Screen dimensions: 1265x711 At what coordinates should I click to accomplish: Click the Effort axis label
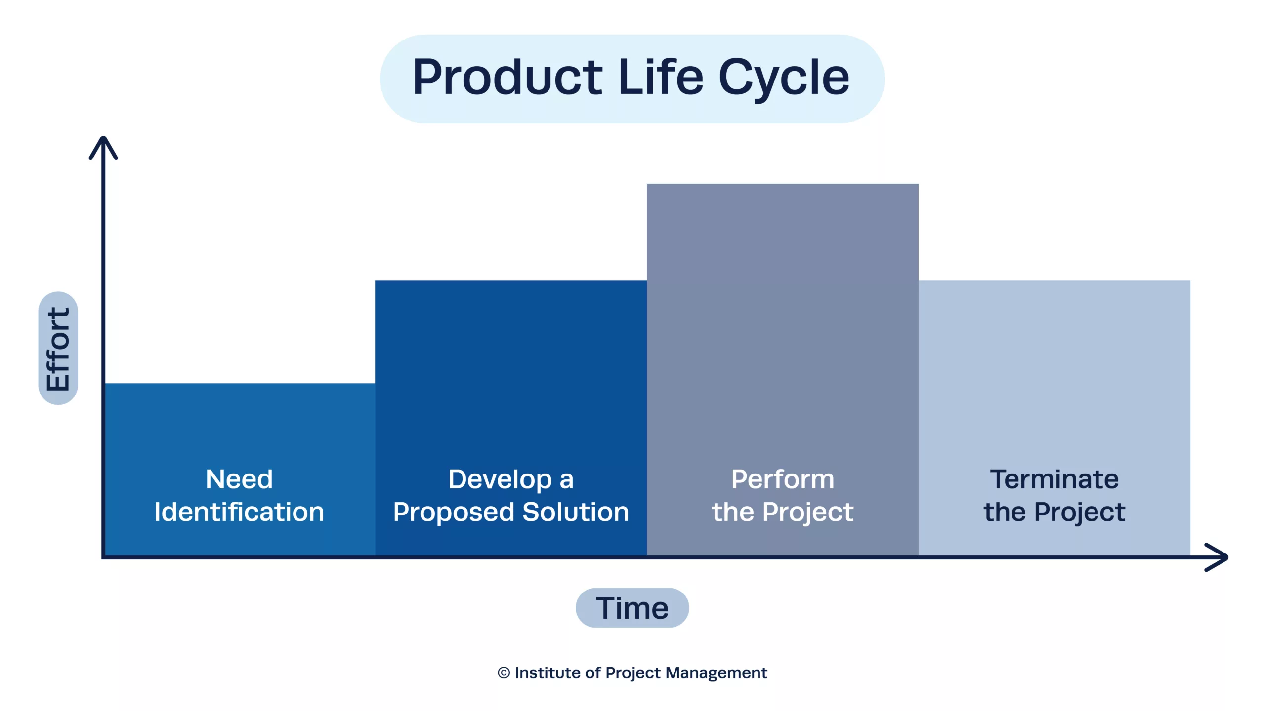pyautogui.click(x=58, y=349)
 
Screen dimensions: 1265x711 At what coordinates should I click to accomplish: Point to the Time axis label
pyautogui.click(x=632, y=608)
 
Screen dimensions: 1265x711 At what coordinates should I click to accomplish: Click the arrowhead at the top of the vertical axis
pyautogui.click(x=103, y=147)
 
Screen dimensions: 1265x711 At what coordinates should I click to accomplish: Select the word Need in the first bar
pyautogui.click(x=239, y=479)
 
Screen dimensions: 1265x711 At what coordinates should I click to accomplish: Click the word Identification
pyautogui.click(x=239, y=512)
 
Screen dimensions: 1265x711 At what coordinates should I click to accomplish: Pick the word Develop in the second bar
pyautogui.click(x=500, y=480)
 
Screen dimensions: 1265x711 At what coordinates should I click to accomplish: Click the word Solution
pyautogui.click(x=576, y=512)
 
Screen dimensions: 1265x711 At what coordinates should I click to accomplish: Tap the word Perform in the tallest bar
pyautogui.click(x=783, y=479)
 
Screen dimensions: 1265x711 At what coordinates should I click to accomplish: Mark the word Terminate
pyautogui.click(x=1054, y=479)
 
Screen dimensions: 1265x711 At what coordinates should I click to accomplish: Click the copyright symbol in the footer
pyautogui.click(x=504, y=672)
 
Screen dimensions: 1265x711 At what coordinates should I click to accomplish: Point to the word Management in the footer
pyautogui.click(x=716, y=673)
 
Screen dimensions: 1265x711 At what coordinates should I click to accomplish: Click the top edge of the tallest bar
pyautogui.click(x=783, y=184)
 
